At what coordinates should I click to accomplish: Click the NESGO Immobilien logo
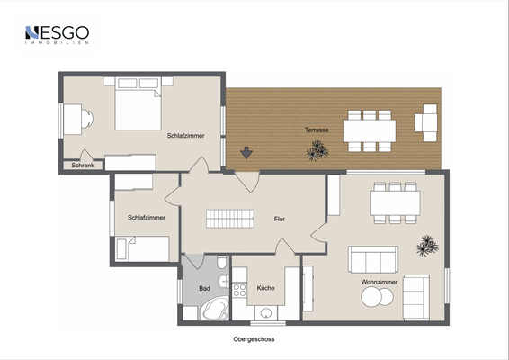58,35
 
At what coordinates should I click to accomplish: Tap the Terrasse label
317,130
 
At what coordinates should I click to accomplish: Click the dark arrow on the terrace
246,153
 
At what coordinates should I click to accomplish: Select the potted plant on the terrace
317,150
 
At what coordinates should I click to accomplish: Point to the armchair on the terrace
426,122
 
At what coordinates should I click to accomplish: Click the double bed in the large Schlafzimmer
138,103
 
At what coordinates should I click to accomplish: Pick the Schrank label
83,166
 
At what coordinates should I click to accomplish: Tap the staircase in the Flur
230,219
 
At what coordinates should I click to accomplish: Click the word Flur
280,219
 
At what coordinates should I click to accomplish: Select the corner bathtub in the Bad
215,310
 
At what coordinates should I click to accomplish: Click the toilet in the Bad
222,262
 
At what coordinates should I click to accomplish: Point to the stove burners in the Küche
239,290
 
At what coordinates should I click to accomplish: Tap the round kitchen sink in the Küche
266,313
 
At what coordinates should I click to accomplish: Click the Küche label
265,288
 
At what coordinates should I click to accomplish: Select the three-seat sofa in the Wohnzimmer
373,259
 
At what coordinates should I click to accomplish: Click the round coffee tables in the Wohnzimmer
377,297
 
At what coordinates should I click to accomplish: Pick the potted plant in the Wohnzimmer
427,246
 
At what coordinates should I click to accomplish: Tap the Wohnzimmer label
380,282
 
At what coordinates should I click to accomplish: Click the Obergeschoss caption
254,339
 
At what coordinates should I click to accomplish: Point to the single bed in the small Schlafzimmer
143,249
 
